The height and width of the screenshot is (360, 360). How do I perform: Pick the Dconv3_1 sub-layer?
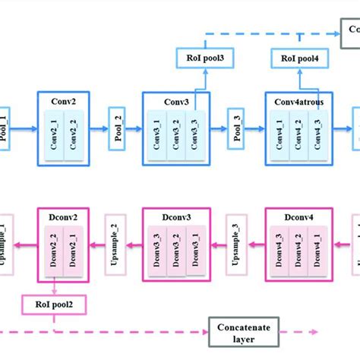[196, 251]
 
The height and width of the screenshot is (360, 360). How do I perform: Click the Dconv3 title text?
[175, 218]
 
